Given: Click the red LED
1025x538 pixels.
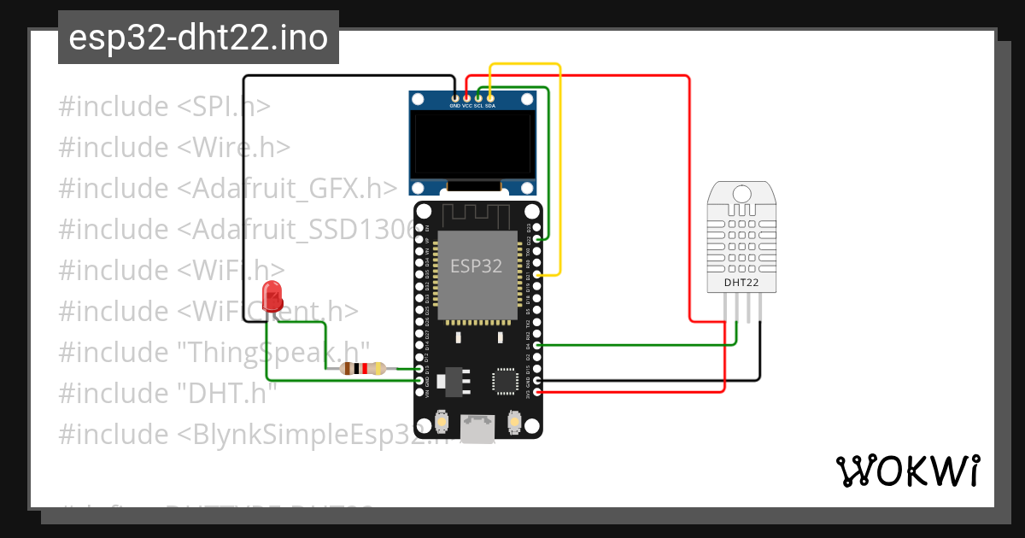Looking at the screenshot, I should (x=272, y=295).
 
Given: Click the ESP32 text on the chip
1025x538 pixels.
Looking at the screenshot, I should (x=477, y=266).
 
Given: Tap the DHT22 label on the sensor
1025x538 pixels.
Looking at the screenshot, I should (x=741, y=282).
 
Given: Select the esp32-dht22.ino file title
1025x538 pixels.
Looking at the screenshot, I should (x=198, y=38).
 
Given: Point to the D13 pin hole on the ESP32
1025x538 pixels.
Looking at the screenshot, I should (x=419, y=369).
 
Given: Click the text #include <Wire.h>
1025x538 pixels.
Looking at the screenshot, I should (x=174, y=148).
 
